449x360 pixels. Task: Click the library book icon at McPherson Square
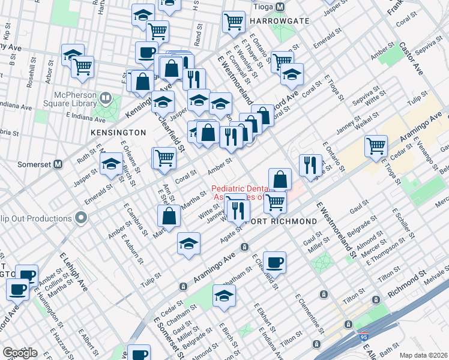coord(106,97)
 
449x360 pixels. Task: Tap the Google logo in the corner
coord(20,353)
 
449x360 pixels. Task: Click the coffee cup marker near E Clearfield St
coord(274,262)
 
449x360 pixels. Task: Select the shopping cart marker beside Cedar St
coord(376,145)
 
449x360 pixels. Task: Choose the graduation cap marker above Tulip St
coord(188,244)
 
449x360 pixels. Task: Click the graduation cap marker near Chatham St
coord(224,296)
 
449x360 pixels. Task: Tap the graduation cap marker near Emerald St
coord(111,164)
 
